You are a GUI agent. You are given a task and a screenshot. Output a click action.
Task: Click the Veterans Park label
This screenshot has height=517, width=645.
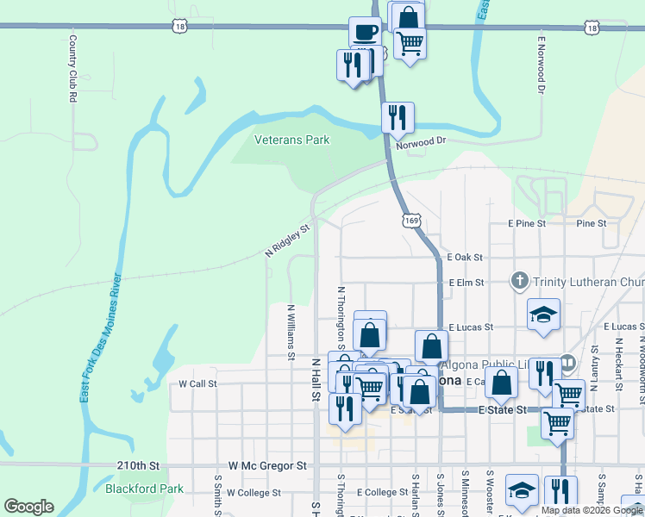tap(291, 140)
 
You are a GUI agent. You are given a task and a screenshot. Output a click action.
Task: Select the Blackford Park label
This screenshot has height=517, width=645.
tap(145, 489)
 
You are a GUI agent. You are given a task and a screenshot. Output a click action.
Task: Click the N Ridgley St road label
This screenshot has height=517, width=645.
tap(287, 242)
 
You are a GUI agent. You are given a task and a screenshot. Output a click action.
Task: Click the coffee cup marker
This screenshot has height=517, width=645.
tap(364, 34)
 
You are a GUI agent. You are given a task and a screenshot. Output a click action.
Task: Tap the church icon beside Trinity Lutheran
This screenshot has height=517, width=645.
tap(519, 281)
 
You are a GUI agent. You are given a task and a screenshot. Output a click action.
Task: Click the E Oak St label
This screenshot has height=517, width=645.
tap(465, 258)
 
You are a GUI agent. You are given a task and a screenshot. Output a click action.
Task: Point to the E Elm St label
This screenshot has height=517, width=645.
tap(466, 282)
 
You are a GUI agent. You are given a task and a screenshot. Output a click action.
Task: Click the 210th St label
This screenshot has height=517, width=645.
tap(138, 465)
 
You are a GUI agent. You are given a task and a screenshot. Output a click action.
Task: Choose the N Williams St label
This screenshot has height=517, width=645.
tap(291, 331)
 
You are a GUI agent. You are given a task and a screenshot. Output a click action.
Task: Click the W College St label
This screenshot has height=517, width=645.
tap(254, 493)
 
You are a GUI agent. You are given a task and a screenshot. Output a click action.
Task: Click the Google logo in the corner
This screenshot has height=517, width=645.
tap(29, 507)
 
